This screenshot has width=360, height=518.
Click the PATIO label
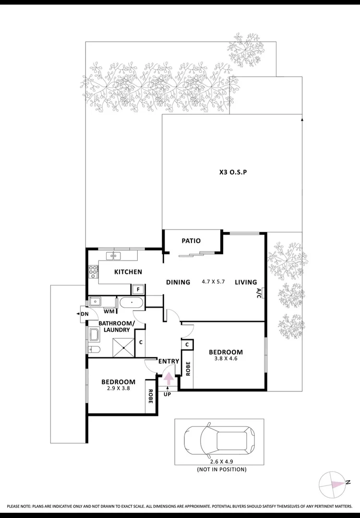click(x=191, y=241)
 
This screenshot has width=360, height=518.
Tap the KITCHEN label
click(x=128, y=272)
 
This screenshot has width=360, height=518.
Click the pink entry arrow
click(x=168, y=377)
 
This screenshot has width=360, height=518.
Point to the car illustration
click(x=220, y=440)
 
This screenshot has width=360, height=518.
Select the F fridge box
click(x=138, y=289)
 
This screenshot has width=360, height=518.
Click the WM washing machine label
click(x=109, y=311)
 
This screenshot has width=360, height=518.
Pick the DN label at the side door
click(x=84, y=314)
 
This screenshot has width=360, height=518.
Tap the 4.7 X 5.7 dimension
click(x=213, y=282)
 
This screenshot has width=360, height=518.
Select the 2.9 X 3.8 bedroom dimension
click(x=118, y=388)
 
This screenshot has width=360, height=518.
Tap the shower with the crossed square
click(x=124, y=347)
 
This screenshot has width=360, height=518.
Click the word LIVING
click(x=246, y=282)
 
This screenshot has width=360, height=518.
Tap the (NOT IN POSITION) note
click(x=221, y=470)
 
